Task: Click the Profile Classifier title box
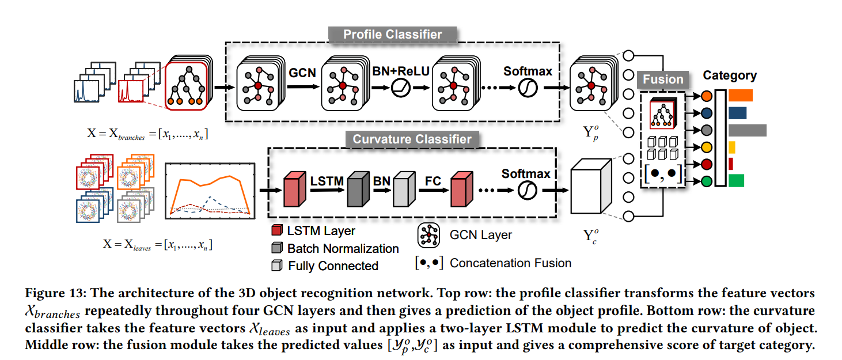click(393, 35)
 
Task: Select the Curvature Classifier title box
click(412, 139)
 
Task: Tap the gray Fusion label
click(663, 79)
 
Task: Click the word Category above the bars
click(730, 75)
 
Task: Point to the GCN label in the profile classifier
click(302, 73)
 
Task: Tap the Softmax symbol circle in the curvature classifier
click(526, 191)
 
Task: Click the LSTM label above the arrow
click(327, 181)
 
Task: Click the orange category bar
click(741, 96)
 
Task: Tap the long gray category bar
click(748, 130)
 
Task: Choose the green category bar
click(736, 181)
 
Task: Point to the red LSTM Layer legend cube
click(277, 232)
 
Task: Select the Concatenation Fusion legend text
click(510, 263)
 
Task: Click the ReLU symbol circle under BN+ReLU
click(399, 88)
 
